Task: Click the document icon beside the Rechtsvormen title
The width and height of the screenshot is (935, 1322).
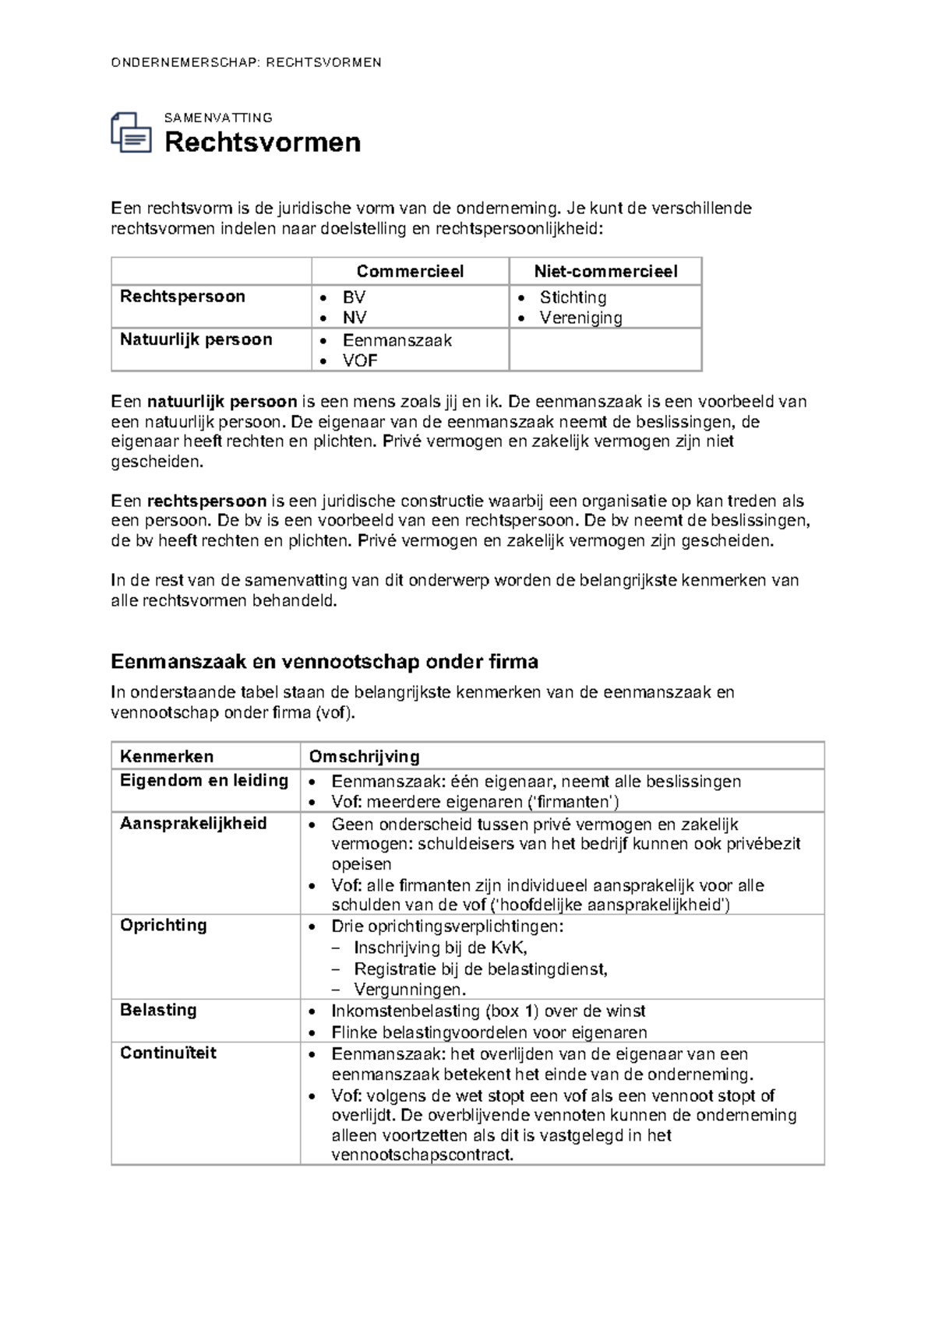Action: [131, 133]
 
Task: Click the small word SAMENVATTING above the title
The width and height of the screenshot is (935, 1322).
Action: [218, 118]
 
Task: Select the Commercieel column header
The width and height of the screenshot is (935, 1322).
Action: [410, 271]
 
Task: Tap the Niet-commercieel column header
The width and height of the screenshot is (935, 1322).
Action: [605, 271]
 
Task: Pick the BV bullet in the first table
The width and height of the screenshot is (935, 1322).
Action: [354, 297]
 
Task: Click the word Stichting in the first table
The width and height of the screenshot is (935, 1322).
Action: [573, 297]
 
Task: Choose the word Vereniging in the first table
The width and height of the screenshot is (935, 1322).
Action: [580, 318]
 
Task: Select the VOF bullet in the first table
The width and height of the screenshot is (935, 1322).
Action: [360, 360]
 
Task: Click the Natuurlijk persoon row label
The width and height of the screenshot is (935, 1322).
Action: [196, 339]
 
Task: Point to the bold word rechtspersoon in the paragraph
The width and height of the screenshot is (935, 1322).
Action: [206, 501]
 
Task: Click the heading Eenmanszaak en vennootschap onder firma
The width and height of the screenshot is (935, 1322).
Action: [324, 662]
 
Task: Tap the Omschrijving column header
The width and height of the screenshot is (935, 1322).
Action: [364, 756]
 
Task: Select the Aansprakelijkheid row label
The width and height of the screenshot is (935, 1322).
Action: [193, 824]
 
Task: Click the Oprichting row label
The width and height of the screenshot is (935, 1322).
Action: [163, 925]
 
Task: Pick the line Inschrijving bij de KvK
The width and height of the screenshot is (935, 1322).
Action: [440, 948]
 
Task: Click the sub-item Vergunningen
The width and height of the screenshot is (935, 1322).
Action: [409, 990]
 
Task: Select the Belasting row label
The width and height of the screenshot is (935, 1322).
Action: [158, 1010]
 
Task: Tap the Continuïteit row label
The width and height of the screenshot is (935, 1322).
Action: [168, 1053]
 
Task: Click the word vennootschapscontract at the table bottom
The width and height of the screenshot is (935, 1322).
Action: [422, 1155]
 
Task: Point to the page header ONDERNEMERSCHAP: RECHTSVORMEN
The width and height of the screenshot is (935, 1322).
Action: [246, 62]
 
